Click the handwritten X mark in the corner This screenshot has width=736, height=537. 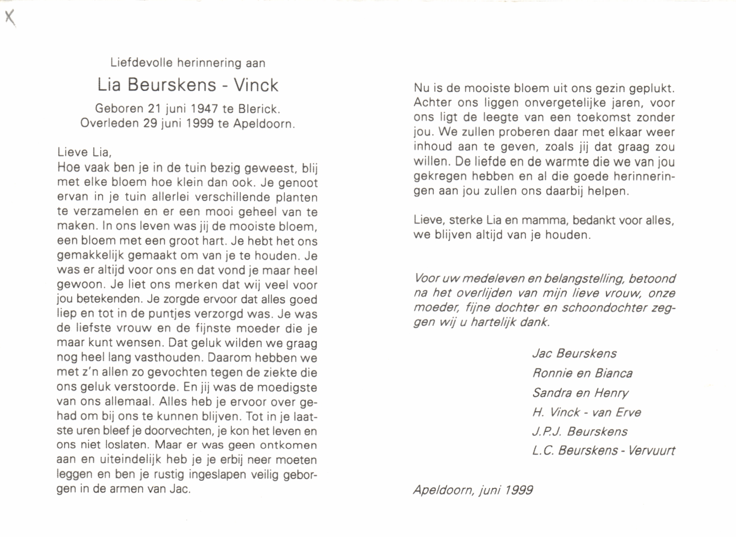[10, 18]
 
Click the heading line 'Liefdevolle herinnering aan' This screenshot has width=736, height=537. [188, 63]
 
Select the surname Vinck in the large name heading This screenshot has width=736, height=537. [256, 86]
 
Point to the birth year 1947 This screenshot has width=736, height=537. [204, 109]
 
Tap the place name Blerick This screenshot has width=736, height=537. [258, 109]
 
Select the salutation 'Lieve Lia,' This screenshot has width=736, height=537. [84, 152]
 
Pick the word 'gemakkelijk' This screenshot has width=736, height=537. [90, 256]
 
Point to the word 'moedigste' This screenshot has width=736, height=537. [287, 387]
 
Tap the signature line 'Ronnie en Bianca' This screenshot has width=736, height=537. [582, 373]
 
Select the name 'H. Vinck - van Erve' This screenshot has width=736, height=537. [586, 412]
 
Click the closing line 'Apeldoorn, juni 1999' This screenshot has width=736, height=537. [473, 490]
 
